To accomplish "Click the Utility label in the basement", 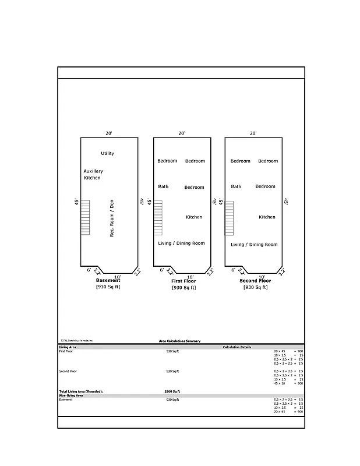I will pos(107,153).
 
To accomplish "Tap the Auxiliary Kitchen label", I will pos(93,174).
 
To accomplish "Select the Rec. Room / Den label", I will pos(112,218).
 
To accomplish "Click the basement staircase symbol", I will pos(85,217).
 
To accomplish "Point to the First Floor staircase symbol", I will pos(158,217).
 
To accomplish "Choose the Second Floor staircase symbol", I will pos(230,217).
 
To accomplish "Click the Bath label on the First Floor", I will pos(163,186).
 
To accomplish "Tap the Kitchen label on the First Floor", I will pos(194,217).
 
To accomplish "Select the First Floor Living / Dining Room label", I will pos(182,243).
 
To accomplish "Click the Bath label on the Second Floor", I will pos(236,186).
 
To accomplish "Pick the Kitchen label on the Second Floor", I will pos(267,217).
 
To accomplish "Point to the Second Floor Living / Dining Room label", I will pos(255,245).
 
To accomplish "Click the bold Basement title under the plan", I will pos(108,281).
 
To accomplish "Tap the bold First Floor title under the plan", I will pos(183,281).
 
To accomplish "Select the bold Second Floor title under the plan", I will pos(255,281).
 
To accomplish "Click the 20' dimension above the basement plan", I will pos(109,133).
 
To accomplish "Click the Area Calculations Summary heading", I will pos(179,341).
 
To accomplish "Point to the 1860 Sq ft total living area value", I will pos(172,391).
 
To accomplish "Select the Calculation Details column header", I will pos(237,347).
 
